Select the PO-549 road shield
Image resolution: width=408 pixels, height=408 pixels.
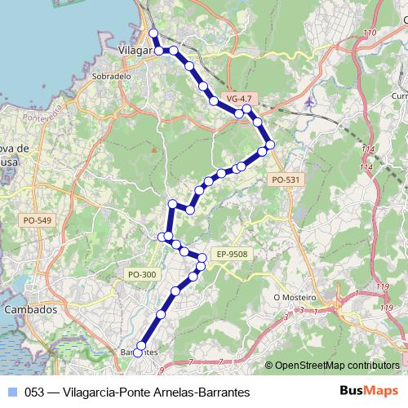tap(38, 220)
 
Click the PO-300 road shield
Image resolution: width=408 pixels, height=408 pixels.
tap(142, 274)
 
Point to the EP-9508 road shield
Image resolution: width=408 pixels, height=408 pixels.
tap(232, 255)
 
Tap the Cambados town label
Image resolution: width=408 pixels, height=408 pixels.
tap(30, 310)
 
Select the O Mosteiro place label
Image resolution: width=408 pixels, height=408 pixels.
tap(294, 297)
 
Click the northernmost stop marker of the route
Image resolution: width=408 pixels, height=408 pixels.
tap(153, 33)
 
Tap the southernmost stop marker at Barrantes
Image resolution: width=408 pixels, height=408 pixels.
tap(138, 353)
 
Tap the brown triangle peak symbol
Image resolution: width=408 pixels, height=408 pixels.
tap(153, 149)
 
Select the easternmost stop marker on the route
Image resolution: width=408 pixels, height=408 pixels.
tap(270, 144)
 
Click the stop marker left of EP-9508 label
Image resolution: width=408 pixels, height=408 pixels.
tap(202, 259)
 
